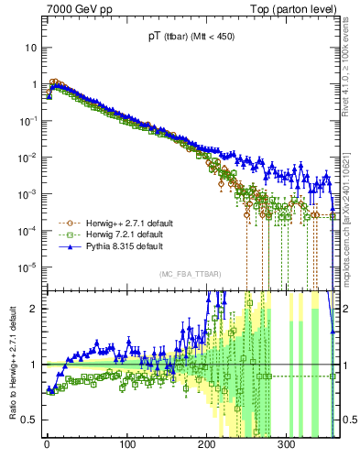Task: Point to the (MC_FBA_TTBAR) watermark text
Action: pyautogui.click(x=190, y=274)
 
